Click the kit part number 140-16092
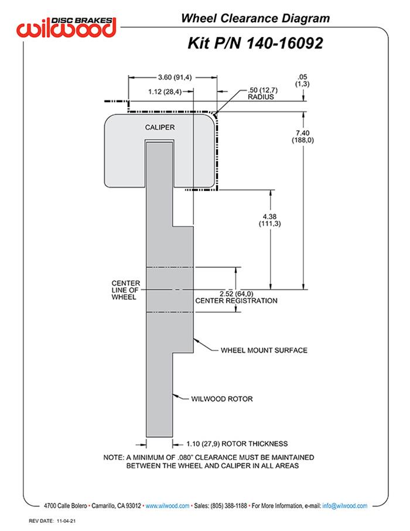click(255, 43)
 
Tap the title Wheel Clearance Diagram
click(255, 19)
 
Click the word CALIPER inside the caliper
click(159, 127)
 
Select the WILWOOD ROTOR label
click(222, 399)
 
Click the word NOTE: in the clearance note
click(113, 457)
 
